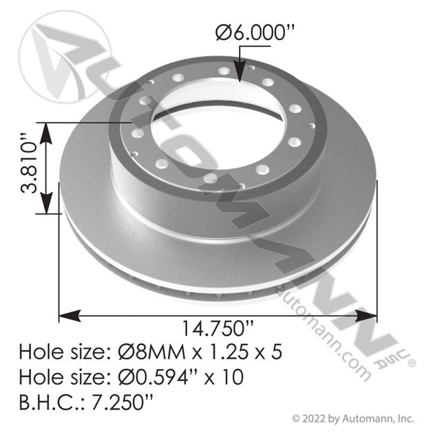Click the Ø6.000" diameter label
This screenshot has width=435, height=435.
[x=255, y=33]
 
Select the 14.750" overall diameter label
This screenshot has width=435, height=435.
[x=217, y=328]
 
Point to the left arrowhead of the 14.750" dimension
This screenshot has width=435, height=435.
[x=70, y=316]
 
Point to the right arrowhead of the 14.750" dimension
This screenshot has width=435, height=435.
[x=366, y=316]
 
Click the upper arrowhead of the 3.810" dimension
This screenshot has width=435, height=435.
[x=46, y=133]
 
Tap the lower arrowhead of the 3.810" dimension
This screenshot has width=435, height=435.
[x=46, y=203]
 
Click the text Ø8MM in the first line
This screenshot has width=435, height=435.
[x=151, y=352]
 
